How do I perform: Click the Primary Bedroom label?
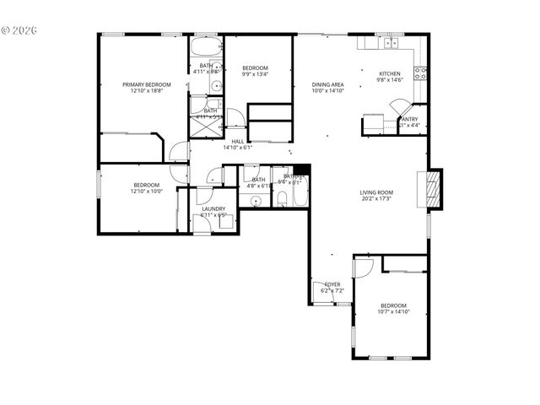[x=146, y=84]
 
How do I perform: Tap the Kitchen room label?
[x=390, y=73]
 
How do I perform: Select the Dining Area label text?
[x=327, y=84]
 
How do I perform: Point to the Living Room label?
[x=376, y=192]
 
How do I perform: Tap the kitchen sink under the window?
[x=391, y=43]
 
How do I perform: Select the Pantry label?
[x=409, y=119]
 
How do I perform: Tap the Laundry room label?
[x=213, y=208]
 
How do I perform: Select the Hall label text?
[x=238, y=142]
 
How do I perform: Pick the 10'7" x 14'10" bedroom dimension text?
[x=393, y=312]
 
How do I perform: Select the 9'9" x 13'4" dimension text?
[x=255, y=74]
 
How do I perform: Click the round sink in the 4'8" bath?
[x=255, y=200]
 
